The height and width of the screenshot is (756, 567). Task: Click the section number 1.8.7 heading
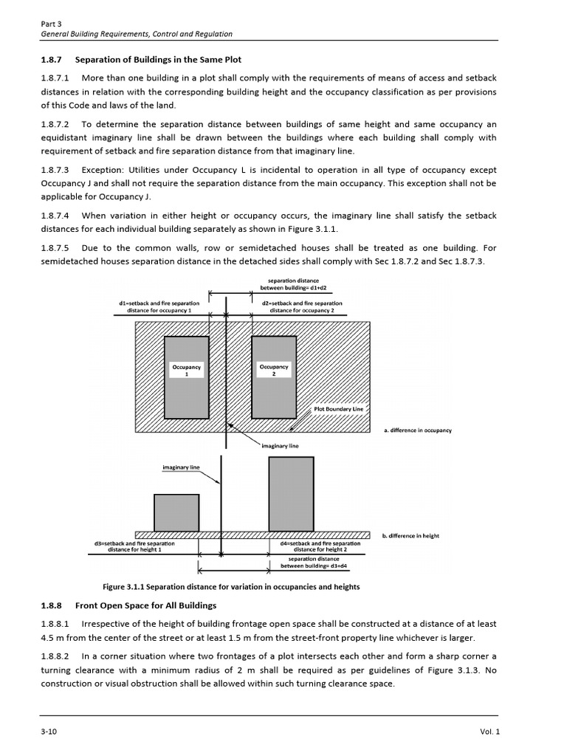pyautogui.click(x=52, y=59)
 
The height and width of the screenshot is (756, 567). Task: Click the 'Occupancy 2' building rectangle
pyautogui.click(x=274, y=377)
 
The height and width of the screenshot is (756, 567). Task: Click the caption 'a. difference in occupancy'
pyautogui.click(x=417, y=430)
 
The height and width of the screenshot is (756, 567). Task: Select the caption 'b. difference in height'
pyautogui.click(x=410, y=536)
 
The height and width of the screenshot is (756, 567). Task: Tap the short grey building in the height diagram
pyautogui.click(x=176, y=512)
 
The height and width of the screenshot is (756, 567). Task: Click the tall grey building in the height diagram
pyautogui.click(x=296, y=493)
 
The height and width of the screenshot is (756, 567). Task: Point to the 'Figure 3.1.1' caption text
pyautogui.click(x=231, y=587)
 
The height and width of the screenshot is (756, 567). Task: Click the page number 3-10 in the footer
pyautogui.click(x=48, y=731)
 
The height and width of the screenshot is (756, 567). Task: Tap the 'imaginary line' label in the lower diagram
pyautogui.click(x=181, y=467)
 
